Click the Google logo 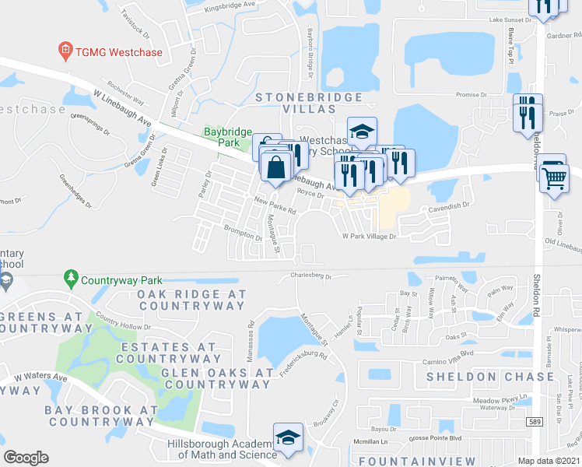[26, 458]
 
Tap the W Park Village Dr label [370, 235]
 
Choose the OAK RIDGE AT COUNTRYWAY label [191, 301]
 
